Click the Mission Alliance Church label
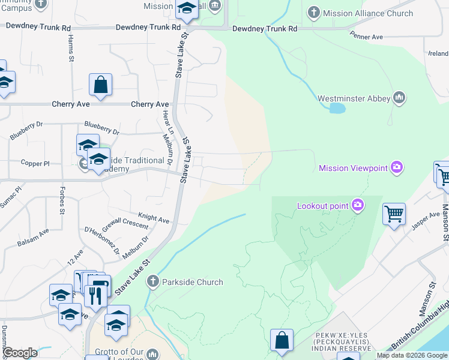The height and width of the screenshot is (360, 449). pyautogui.click(x=368, y=13)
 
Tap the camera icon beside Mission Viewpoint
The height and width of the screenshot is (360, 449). pyautogui.click(x=396, y=168)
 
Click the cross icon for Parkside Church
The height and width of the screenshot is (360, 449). pyautogui.click(x=153, y=281)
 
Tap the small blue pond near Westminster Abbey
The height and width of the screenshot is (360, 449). pyautogui.click(x=337, y=109)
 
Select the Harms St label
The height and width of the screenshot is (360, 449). pyautogui.click(x=70, y=50)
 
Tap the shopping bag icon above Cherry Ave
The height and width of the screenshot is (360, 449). pyautogui.click(x=101, y=86)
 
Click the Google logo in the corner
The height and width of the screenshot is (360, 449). pyautogui.click(x=19, y=353)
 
